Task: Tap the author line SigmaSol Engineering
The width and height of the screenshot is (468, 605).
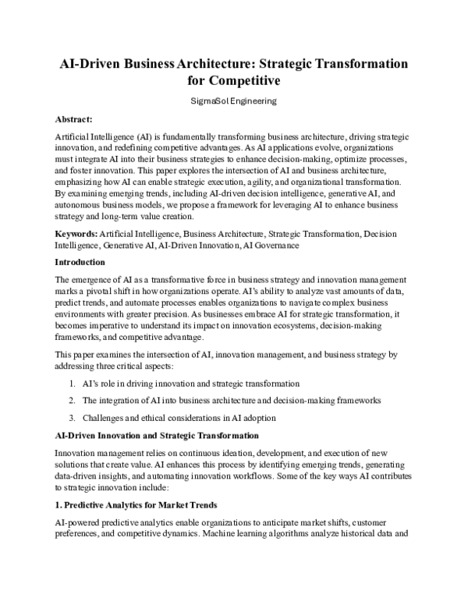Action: (234, 101)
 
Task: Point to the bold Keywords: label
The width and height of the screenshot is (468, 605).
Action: (76, 234)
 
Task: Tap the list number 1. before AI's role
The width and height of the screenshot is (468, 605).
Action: (71, 384)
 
